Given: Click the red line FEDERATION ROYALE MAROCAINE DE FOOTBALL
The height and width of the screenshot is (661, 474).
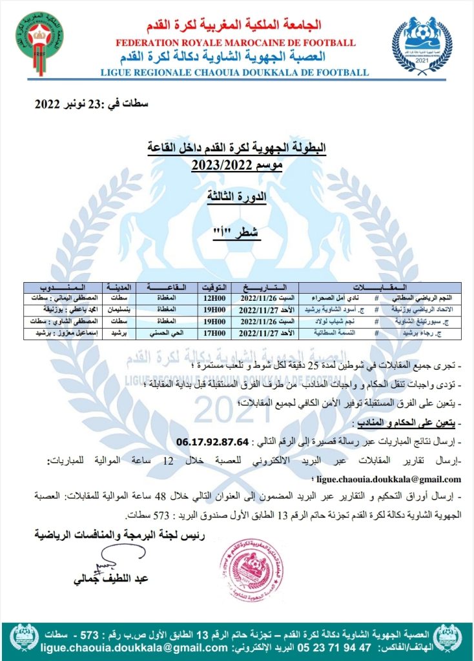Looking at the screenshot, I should pos(235,43).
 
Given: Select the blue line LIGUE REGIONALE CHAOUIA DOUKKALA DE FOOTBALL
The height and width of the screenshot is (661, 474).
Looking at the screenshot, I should pos(235,73).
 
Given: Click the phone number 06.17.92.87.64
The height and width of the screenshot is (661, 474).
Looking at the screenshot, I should pos(212,442).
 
